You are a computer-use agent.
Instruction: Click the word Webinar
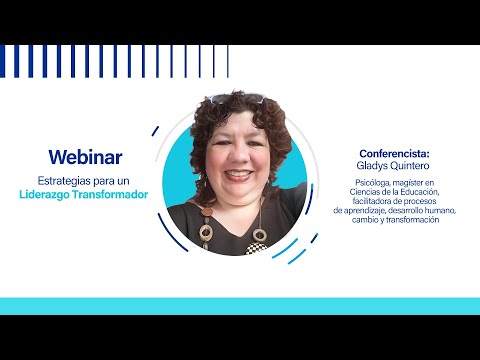point(85,157)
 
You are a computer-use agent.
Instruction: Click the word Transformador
point(110,194)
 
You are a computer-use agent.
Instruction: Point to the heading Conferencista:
point(394,154)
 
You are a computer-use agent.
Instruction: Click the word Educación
point(420,192)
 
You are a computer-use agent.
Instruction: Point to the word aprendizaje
point(364,211)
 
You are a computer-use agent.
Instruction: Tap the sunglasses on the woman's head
point(237,98)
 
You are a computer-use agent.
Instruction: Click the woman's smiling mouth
point(239,175)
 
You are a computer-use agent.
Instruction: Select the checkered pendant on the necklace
point(256,249)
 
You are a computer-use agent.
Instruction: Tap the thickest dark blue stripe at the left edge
point(2,61)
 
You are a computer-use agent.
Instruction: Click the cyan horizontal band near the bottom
point(240,306)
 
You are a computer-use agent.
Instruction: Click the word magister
point(408,183)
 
